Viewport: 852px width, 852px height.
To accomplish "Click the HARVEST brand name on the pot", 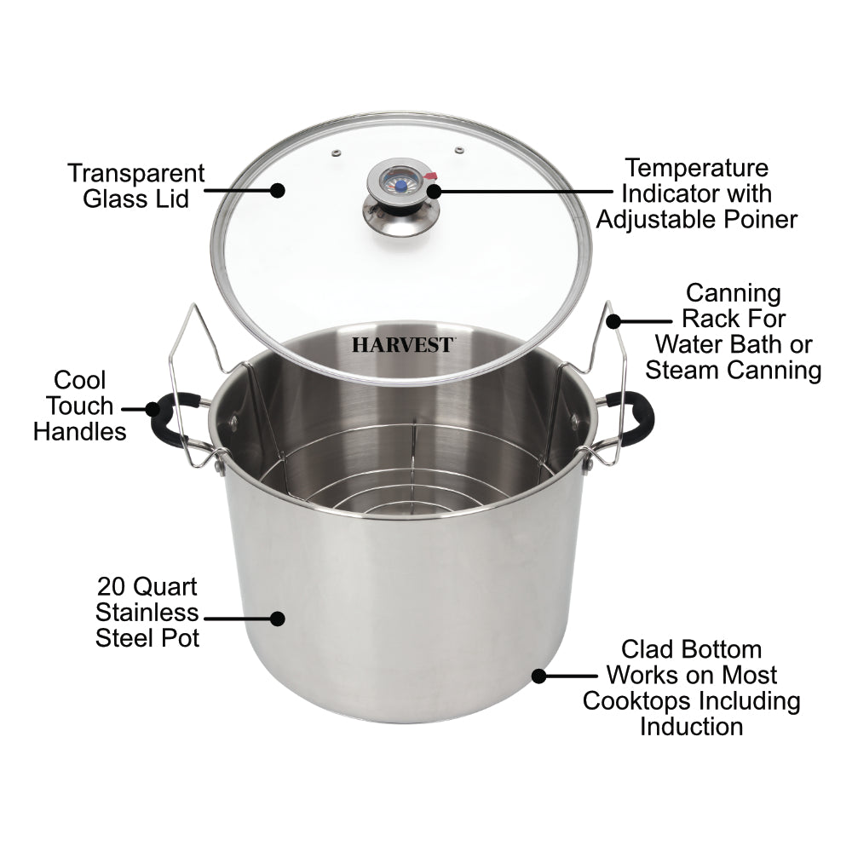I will point(403,346).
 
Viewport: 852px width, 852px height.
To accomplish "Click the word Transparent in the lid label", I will point(136,174).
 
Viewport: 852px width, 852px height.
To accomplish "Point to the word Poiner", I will point(757,219).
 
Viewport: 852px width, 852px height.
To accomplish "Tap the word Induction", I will point(691,727).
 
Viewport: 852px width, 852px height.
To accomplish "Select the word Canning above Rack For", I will point(734,293).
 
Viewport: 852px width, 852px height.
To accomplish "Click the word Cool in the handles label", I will point(79,380).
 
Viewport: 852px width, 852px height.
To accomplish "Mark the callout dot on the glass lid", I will point(278,191).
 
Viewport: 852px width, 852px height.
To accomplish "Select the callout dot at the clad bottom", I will point(538,676).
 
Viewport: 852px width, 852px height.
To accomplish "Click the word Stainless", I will point(147,613).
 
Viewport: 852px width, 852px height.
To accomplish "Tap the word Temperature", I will point(696,168).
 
